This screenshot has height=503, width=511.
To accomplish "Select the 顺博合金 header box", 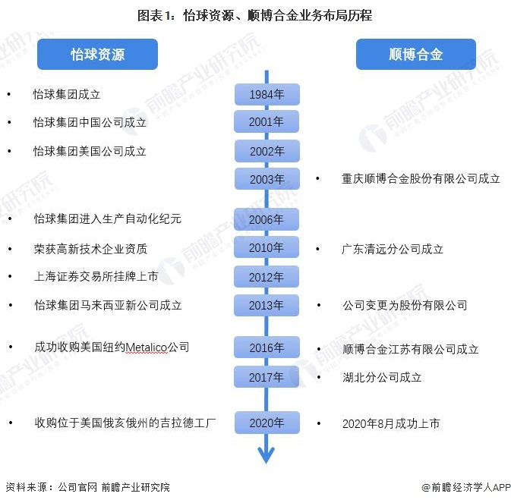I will click(415, 55).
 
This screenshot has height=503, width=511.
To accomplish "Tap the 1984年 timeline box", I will click(267, 95).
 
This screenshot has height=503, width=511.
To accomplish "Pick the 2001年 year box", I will click(267, 121).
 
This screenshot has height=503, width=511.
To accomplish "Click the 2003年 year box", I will click(267, 179).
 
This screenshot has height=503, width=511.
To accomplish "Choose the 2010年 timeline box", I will click(267, 247).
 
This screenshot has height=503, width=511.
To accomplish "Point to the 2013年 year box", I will click(267, 305).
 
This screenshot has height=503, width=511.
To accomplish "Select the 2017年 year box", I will click(267, 376).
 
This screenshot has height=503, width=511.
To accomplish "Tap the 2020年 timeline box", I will click(267, 423).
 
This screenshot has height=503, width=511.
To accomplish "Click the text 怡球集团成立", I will click(67, 95).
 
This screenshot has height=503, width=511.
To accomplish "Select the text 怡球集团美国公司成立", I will click(90, 151).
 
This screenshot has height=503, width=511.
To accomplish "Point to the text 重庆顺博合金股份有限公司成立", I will click(421, 179).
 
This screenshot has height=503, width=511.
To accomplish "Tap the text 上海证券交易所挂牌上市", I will click(96, 277).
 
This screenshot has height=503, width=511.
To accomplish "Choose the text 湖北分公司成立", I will click(382, 377).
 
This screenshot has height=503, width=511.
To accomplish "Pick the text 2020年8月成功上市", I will click(390, 423).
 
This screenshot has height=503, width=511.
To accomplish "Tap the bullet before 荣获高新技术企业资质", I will click(10, 248).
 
